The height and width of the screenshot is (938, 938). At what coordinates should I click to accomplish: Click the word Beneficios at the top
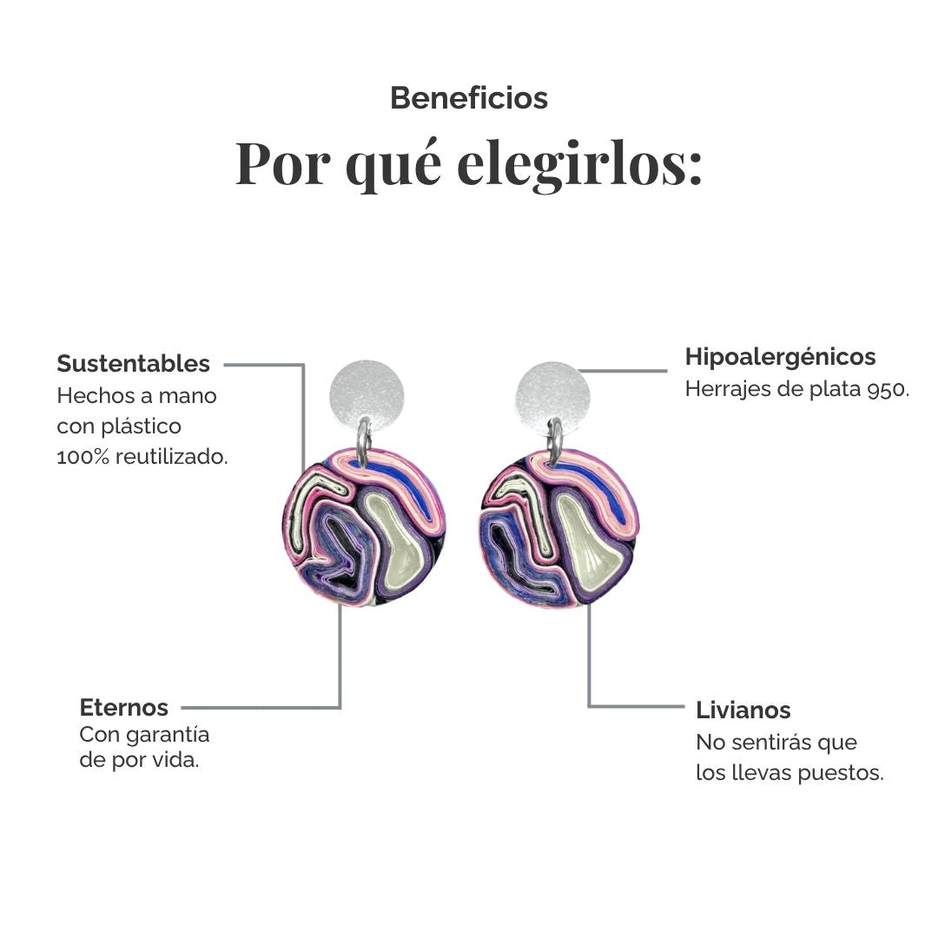click(469, 98)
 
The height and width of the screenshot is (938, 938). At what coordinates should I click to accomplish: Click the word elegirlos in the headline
click(579, 164)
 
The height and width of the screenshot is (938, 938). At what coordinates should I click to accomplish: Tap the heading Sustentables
click(134, 364)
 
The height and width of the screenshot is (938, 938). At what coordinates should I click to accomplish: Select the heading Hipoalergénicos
click(780, 357)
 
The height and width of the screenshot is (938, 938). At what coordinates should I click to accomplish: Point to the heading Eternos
click(124, 708)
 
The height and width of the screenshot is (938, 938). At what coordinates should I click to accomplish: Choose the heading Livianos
click(743, 710)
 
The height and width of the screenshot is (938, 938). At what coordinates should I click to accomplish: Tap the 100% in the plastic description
click(83, 457)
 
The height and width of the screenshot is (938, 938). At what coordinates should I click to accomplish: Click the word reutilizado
click(172, 457)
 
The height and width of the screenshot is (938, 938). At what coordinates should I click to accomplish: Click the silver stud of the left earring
click(367, 395)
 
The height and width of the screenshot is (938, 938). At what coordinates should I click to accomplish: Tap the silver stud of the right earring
click(552, 396)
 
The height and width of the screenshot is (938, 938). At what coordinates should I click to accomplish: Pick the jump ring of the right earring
click(556, 441)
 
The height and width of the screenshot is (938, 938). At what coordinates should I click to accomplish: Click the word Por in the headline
click(283, 164)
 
